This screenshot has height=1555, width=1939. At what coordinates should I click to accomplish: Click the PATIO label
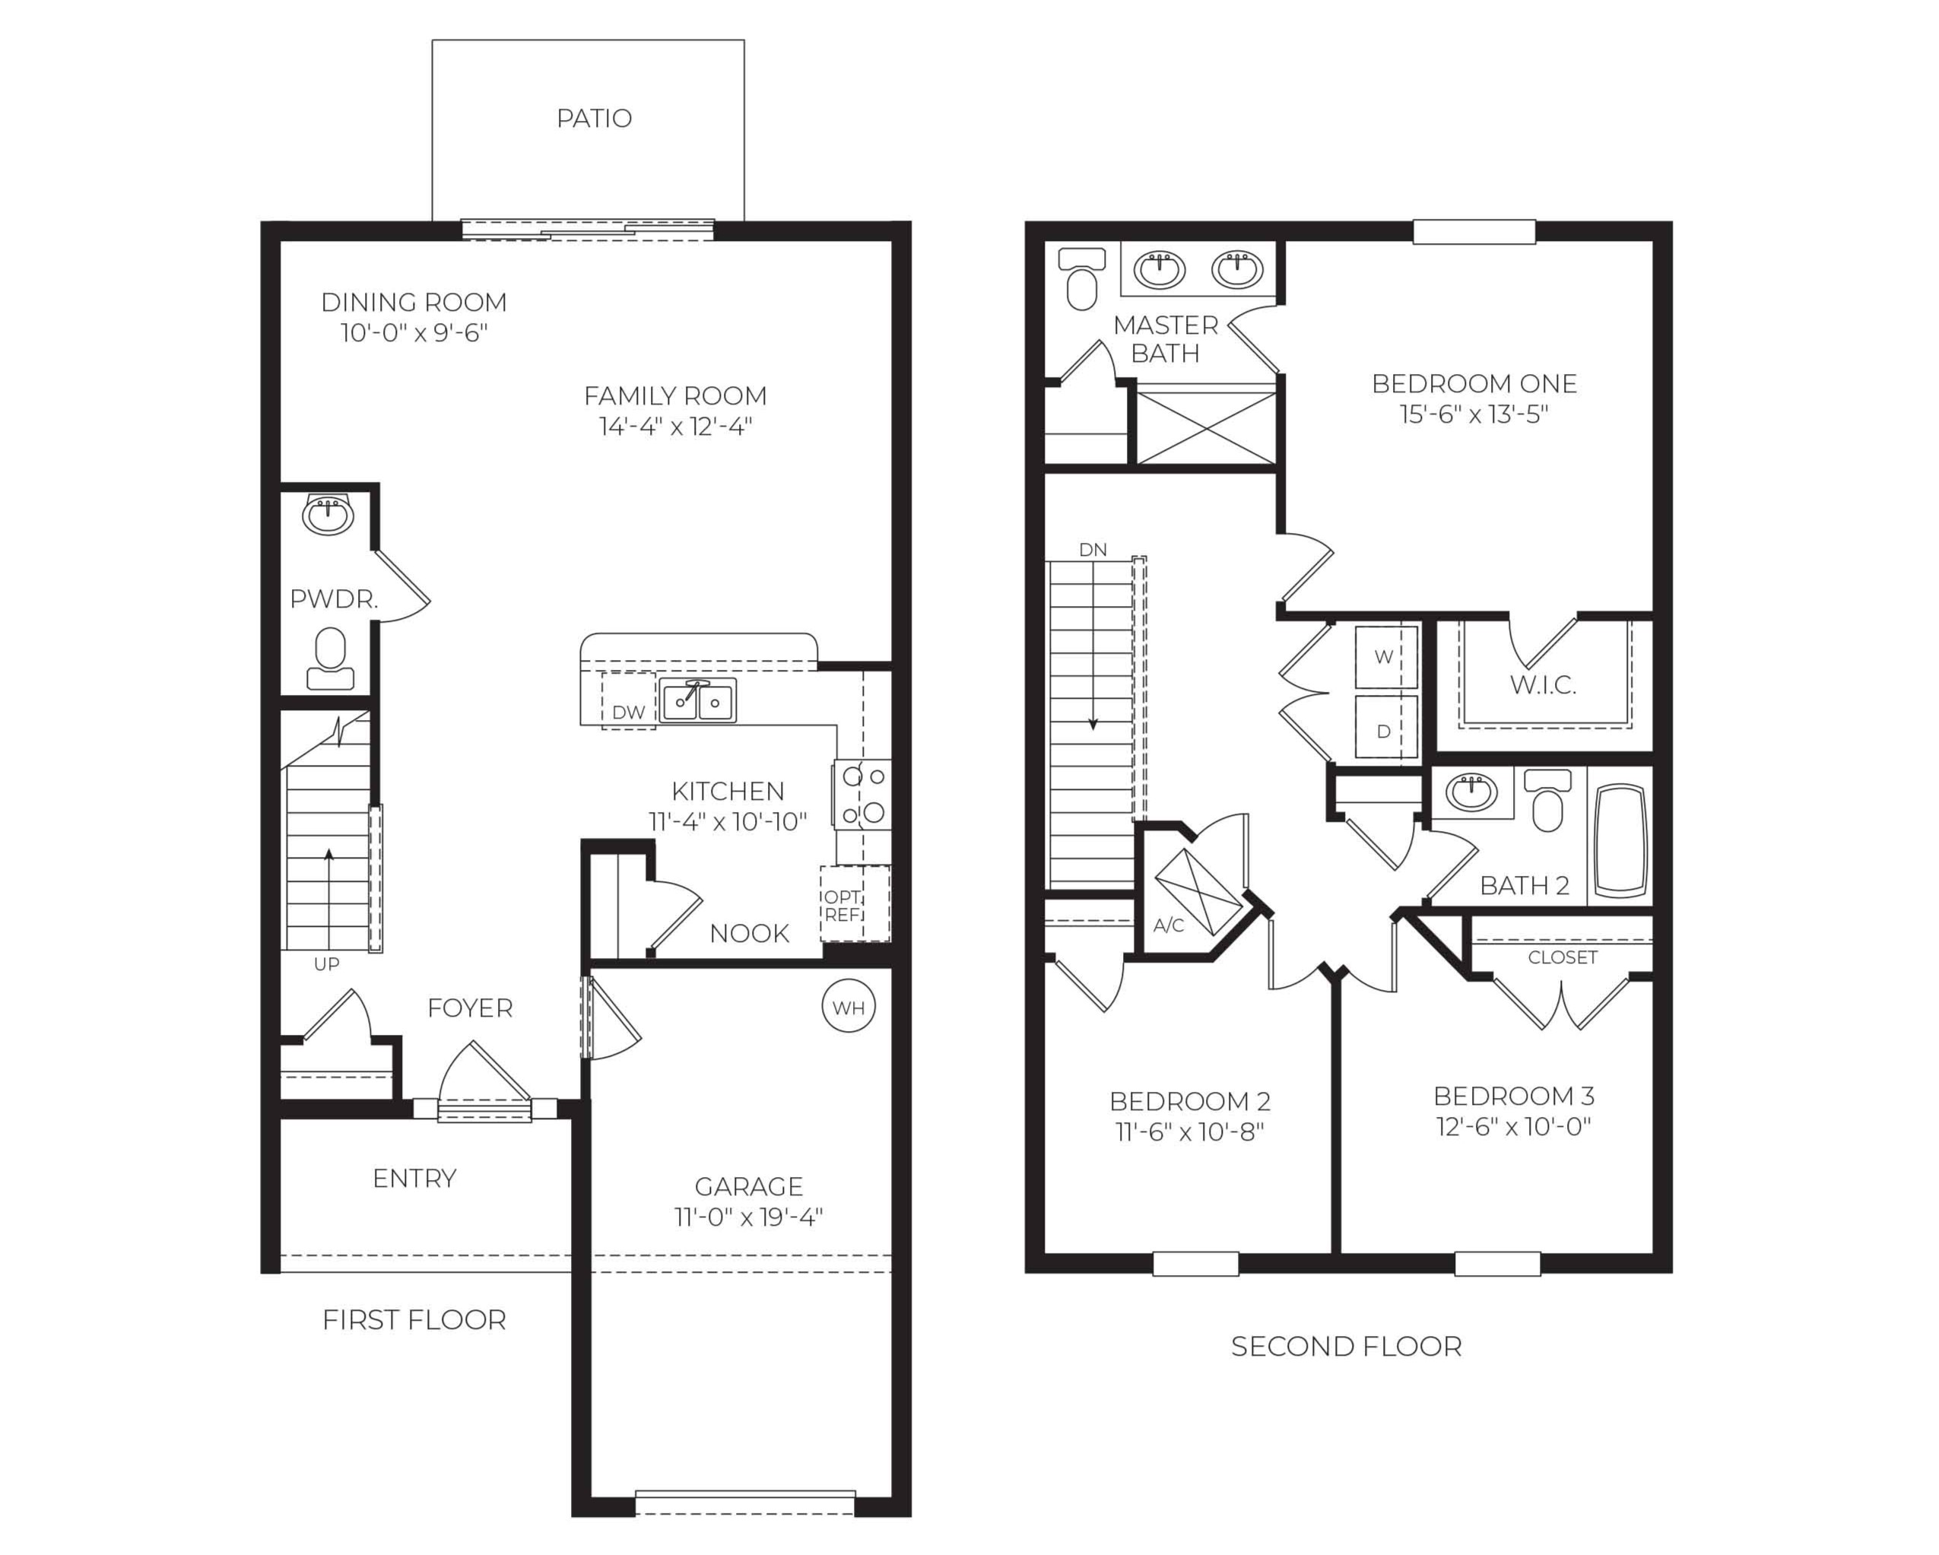coord(594,118)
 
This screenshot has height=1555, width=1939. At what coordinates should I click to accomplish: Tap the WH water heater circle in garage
coord(848,1007)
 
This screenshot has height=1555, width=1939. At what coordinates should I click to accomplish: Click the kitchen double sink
coord(697,700)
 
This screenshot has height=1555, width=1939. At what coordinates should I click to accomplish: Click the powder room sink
coord(328,515)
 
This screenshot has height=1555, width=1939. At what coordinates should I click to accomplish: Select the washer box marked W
coord(1385,656)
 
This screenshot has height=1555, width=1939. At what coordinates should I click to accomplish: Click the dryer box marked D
coord(1385,729)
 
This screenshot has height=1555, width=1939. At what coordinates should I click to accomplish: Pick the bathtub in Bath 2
coord(1621,840)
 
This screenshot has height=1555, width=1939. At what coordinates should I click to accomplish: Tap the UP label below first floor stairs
coord(326,964)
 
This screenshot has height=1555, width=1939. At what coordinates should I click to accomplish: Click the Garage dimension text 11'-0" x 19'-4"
coord(748,1217)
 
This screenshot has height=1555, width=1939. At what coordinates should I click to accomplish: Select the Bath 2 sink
coord(1471,792)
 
